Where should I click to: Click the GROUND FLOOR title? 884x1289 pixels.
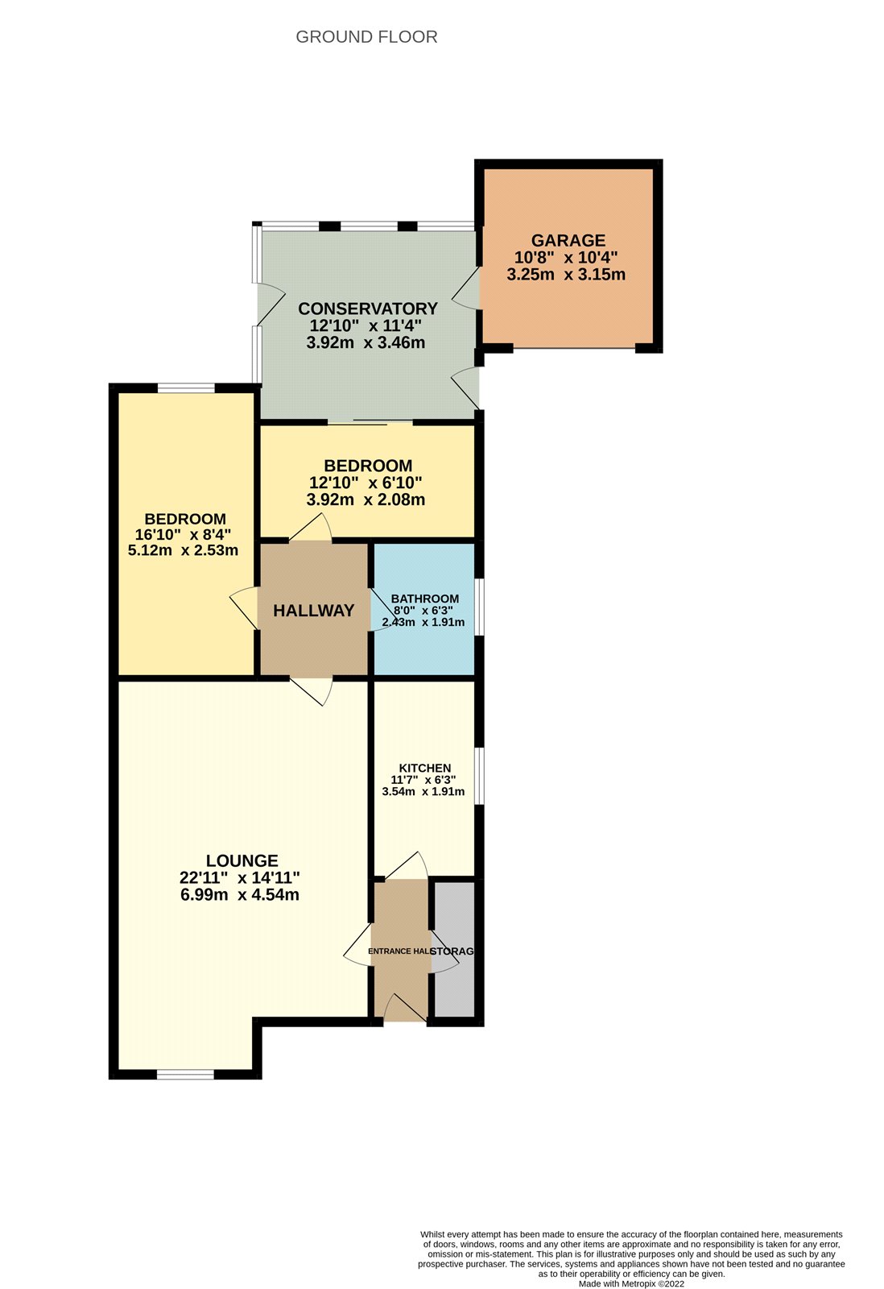(x=366, y=37)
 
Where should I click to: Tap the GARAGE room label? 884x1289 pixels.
(x=568, y=241)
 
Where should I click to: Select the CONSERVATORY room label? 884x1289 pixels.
(x=367, y=309)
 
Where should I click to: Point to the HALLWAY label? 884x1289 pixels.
(x=313, y=611)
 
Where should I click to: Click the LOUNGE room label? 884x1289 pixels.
(x=242, y=861)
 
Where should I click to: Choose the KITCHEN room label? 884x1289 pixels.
(x=425, y=769)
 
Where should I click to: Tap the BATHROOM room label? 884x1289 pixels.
(x=425, y=599)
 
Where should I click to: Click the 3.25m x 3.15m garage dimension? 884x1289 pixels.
(x=566, y=275)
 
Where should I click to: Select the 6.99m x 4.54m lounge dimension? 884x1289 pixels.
(x=240, y=895)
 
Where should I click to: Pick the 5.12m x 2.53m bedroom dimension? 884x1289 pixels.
(x=183, y=550)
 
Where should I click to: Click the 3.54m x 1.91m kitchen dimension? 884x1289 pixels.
(x=423, y=791)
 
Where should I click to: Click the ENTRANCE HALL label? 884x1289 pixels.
(x=399, y=951)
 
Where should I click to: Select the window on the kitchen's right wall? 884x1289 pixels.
(x=479, y=777)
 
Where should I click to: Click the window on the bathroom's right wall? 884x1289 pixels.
(x=479, y=607)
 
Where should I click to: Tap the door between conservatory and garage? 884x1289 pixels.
(x=466, y=288)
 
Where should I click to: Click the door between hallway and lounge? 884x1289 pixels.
(x=311, y=692)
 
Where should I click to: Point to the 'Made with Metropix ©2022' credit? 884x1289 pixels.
(x=631, y=1283)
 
